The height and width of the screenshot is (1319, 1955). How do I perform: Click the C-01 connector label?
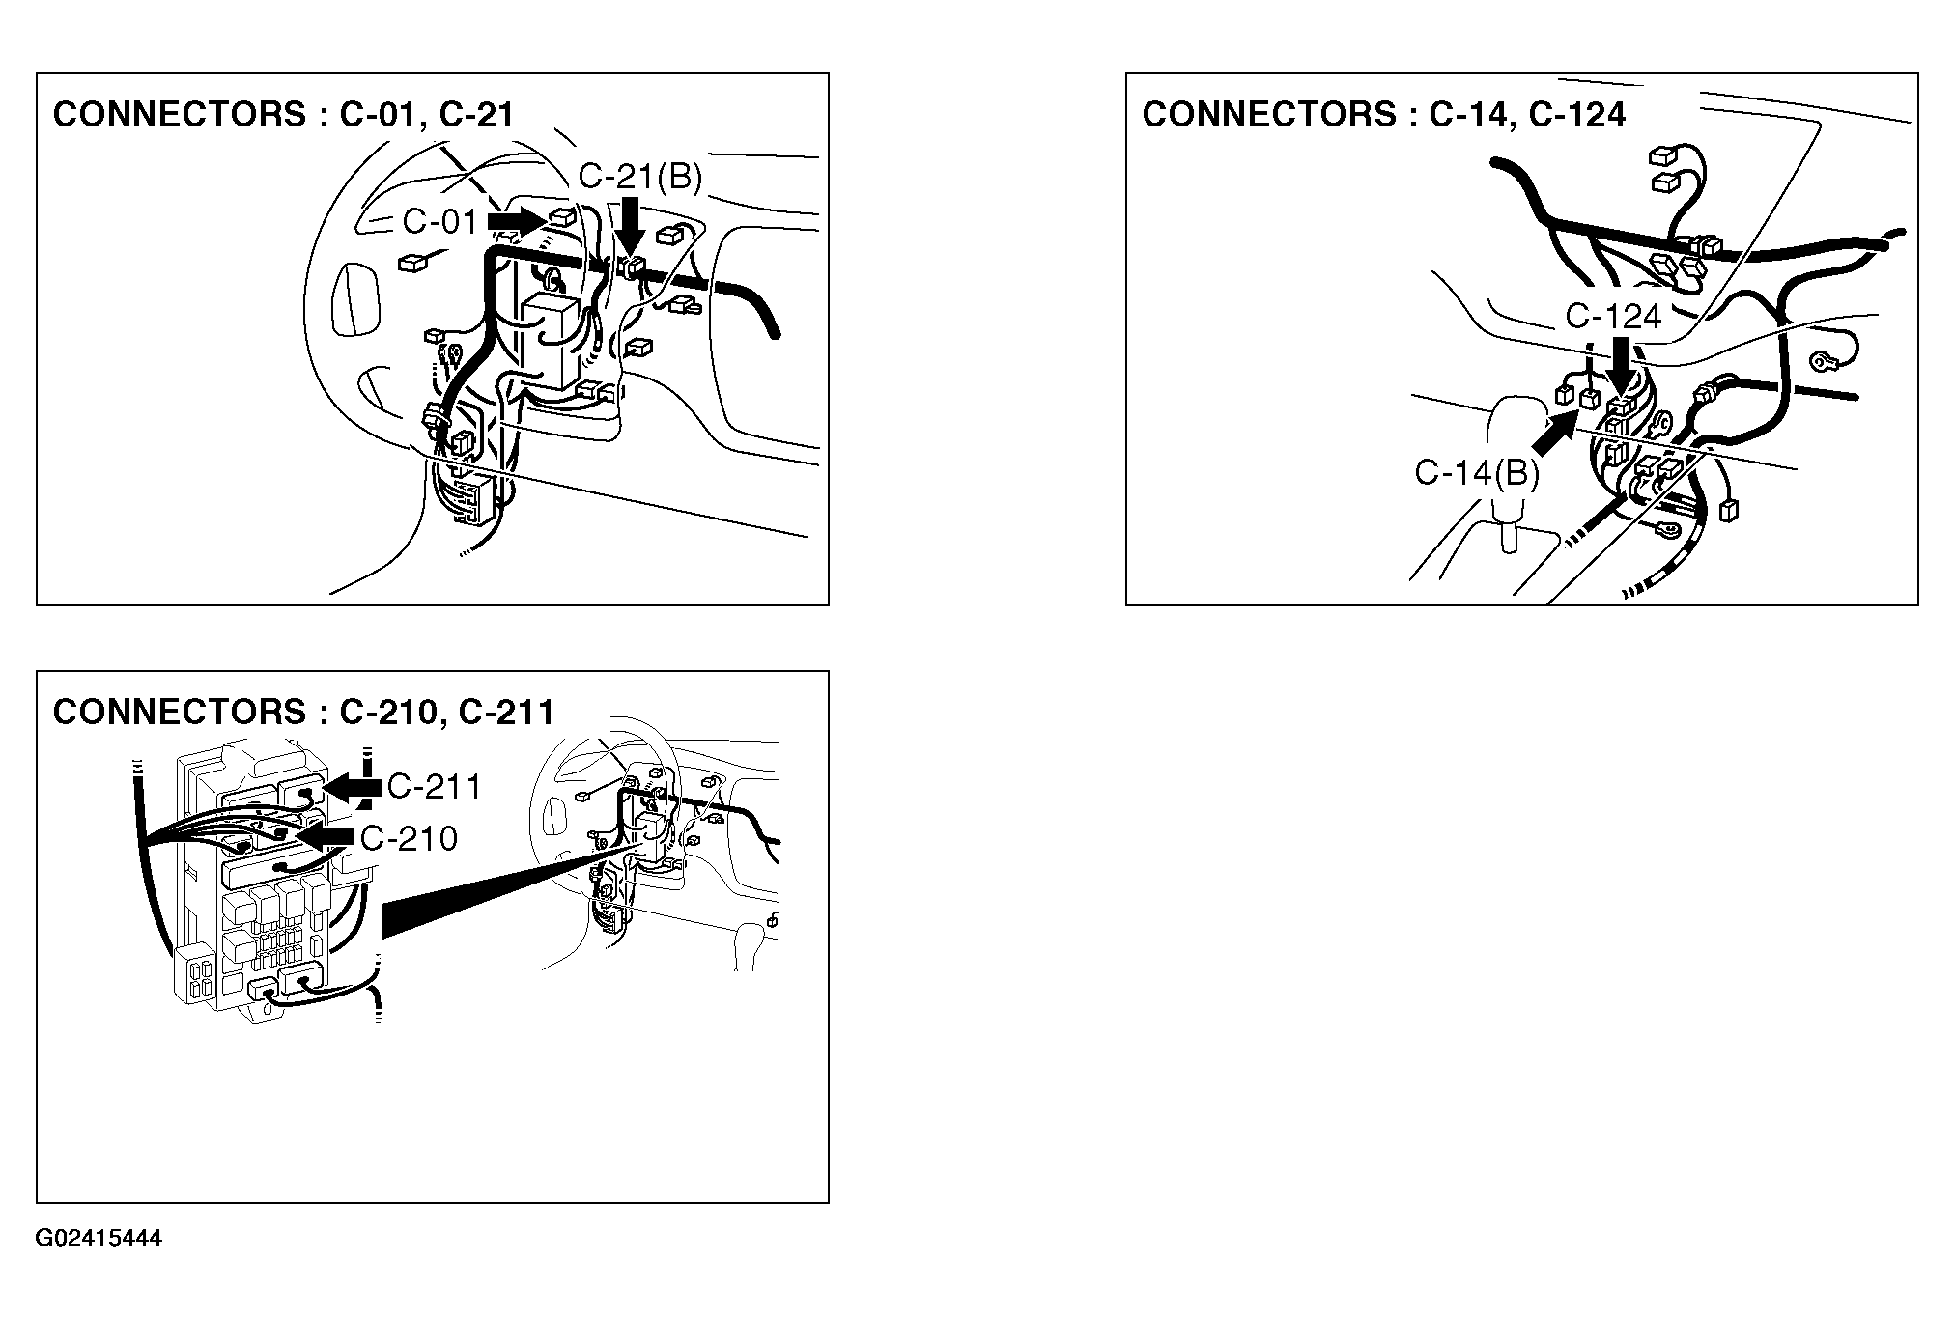click(440, 221)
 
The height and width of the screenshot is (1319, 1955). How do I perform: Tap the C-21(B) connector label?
click(639, 177)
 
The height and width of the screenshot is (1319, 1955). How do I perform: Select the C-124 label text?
click(1613, 316)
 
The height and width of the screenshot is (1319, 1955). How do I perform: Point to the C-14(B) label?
click(1477, 473)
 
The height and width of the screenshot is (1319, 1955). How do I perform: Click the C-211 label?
click(434, 787)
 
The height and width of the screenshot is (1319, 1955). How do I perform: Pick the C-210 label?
click(409, 838)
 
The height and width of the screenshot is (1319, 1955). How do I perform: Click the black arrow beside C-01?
click(518, 221)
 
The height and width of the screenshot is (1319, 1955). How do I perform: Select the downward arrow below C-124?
click(1621, 367)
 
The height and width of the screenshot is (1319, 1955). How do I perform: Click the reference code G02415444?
click(99, 1239)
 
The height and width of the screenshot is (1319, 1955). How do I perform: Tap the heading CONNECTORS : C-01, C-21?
click(283, 114)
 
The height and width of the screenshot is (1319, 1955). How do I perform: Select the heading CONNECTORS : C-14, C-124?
click(1384, 114)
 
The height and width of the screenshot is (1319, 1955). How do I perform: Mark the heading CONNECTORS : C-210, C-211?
click(304, 713)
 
